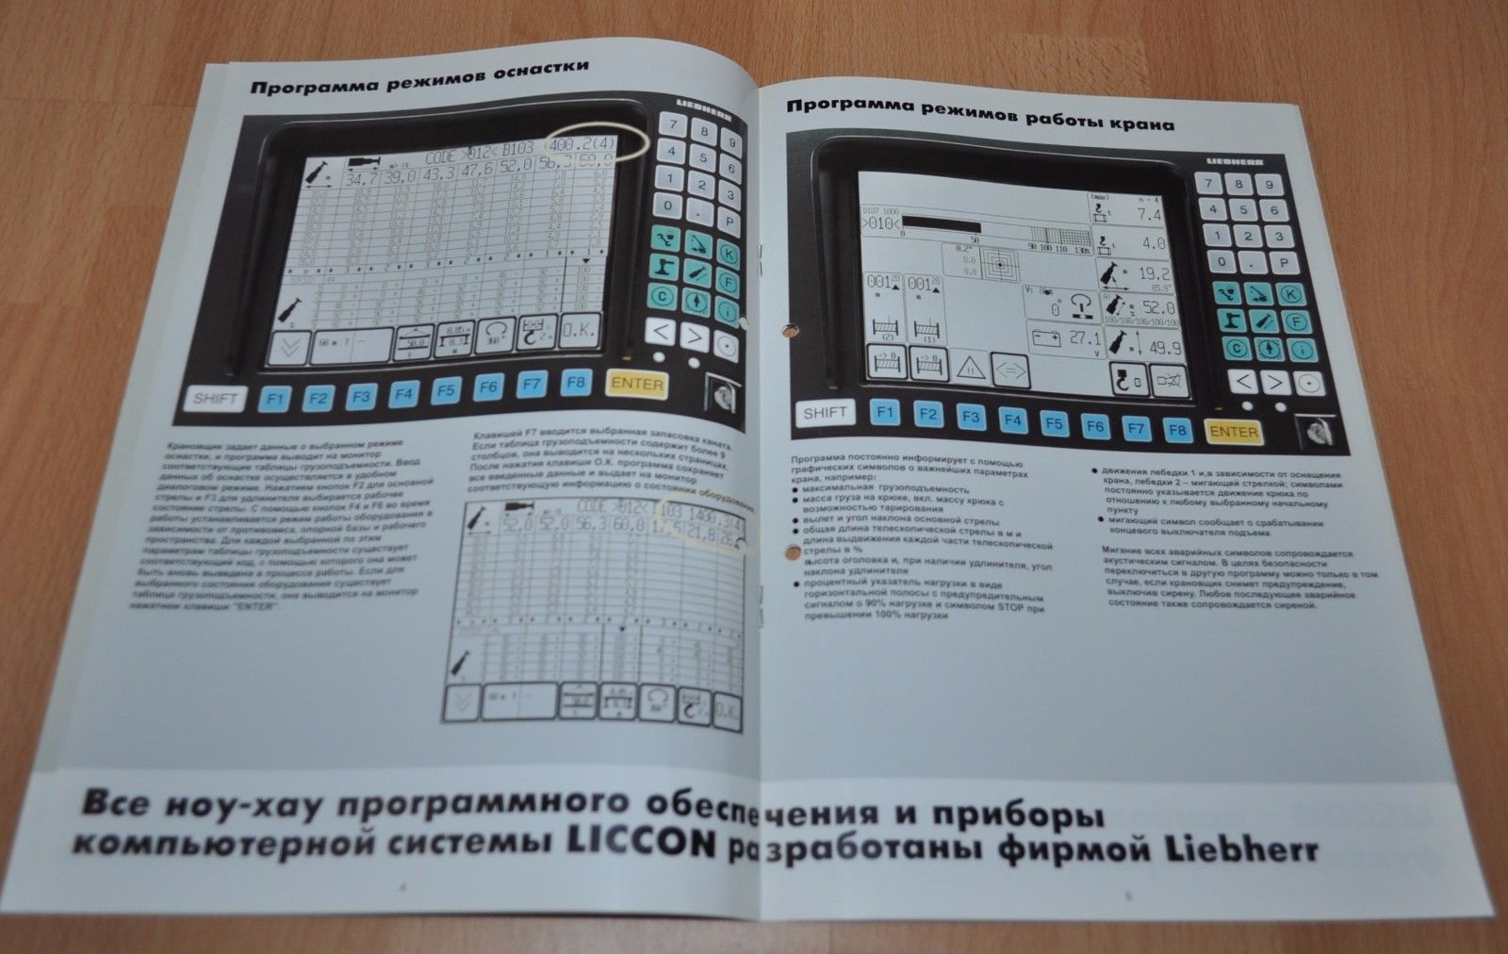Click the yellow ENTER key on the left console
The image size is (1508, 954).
[637, 385]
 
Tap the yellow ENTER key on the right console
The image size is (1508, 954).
[1234, 432]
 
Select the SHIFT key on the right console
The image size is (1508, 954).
[825, 412]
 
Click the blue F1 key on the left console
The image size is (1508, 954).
[274, 398]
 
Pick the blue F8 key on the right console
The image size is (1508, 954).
[1175, 429]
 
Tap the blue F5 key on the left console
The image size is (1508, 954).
[446, 390]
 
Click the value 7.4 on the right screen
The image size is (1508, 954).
[1150, 216]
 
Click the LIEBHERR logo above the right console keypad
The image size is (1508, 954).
[1235, 162]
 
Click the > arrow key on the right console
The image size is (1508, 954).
[1273, 382]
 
